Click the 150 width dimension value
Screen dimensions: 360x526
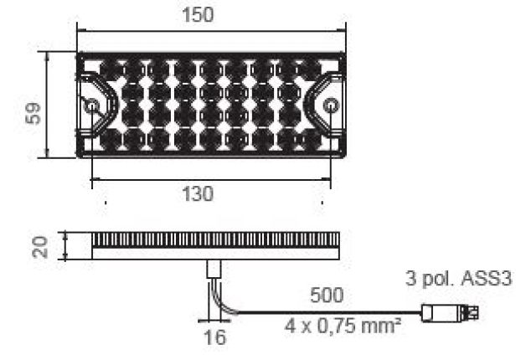tap(198, 15)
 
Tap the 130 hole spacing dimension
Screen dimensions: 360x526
tap(198, 193)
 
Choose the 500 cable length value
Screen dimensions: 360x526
tap(325, 296)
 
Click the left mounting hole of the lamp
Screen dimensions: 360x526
tap(91, 106)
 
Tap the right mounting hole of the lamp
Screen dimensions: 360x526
tap(332, 106)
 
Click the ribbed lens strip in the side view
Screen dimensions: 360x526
tap(214, 240)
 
